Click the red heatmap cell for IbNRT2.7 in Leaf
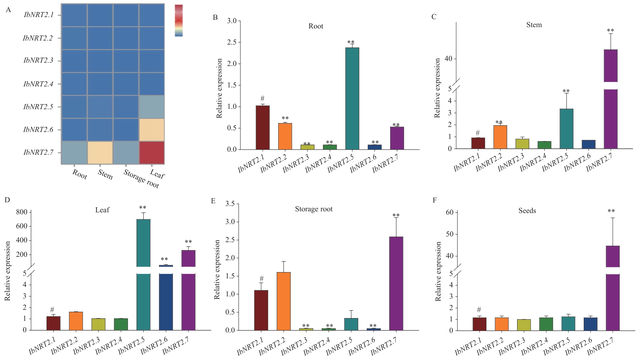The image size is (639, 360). click(152, 153)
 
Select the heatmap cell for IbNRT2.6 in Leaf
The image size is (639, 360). click(152, 130)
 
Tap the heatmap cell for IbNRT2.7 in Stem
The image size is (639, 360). click(100, 153)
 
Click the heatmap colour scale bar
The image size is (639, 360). click(179, 20)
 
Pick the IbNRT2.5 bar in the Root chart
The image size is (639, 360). click(352, 98)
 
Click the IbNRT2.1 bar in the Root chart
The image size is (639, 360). click(262, 128)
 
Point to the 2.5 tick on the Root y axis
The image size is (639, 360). click(232, 43)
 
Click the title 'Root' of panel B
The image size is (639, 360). click(316, 26)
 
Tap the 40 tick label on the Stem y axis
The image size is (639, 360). click(448, 59)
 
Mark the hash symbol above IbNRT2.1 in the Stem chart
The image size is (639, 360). click(478, 133)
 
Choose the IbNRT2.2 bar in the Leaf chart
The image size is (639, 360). click(76, 321)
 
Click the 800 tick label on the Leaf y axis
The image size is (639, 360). click(22, 212)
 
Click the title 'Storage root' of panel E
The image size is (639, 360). click(314, 209)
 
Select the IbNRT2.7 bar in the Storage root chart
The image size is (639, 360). click(396, 283)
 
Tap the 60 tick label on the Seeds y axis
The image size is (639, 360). click(450, 212)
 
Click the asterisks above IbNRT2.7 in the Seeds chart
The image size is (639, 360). click(611, 211)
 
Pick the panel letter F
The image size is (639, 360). click(435, 200)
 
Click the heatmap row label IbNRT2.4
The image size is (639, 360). click(38, 84)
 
